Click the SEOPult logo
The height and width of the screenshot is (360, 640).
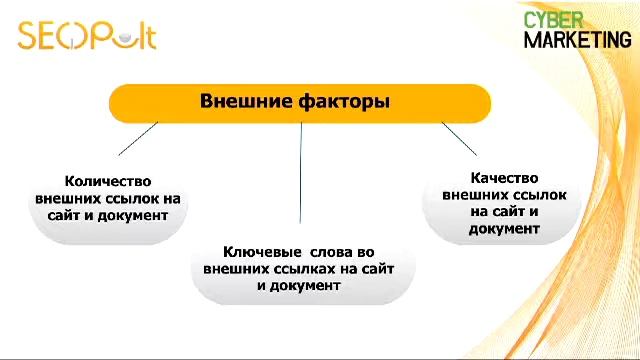click(x=87, y=35)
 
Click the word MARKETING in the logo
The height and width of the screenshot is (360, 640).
click(x=577, y=40)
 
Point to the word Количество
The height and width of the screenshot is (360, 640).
click(x=107, y=181)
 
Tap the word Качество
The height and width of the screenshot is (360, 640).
click(x=505, y=177)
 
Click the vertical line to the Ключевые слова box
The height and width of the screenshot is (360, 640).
click(x=300, y=170)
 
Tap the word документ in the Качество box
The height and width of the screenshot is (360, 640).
click(x=504, y=228)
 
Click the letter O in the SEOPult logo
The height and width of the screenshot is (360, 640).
click(x=68, y=37)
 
